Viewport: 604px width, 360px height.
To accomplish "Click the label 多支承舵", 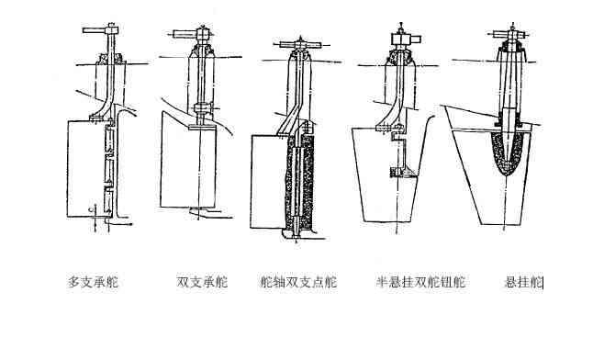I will point(93,282).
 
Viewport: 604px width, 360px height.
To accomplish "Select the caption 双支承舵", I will point(202,282).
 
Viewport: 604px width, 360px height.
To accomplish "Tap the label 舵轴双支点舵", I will point(298,282).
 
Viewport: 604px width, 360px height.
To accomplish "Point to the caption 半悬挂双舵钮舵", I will point(420,282).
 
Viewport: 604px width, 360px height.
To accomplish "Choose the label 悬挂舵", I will point(524,282).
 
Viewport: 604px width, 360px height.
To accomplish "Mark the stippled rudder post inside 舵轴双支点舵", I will point(302,184).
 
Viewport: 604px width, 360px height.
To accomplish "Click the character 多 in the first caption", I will point(74,282).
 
